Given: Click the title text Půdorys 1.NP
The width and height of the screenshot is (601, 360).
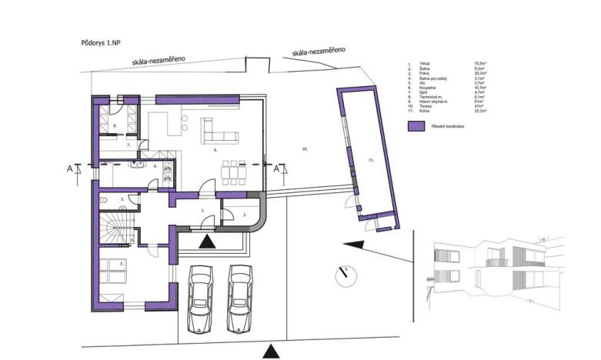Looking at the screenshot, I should pos(101,45).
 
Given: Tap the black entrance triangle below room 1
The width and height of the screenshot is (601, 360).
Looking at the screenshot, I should pos(207,242).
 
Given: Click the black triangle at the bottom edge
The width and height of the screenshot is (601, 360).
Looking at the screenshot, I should pos(270,351).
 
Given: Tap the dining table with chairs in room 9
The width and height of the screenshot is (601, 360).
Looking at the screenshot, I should pos(232,171).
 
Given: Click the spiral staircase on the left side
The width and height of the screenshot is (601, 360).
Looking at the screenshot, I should pos(112,230).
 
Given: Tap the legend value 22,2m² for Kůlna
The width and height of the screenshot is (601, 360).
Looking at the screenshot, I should pos(485,110).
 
